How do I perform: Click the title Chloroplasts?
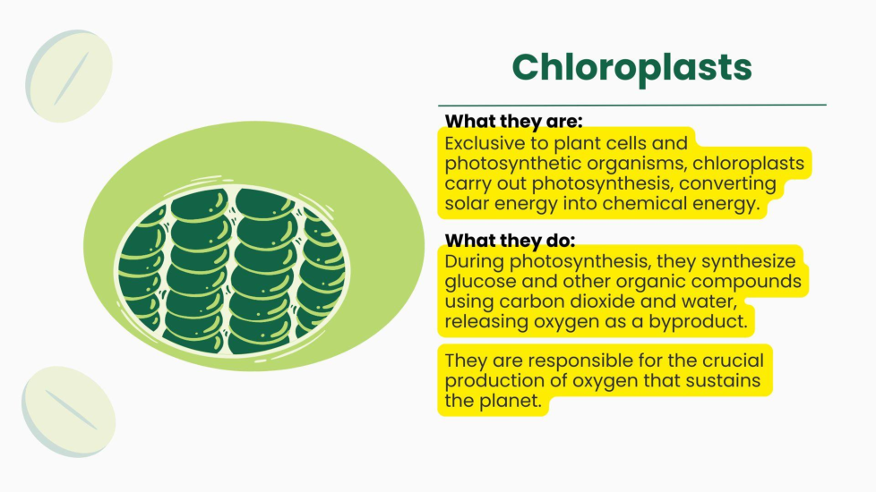(631, 67)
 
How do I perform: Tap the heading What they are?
(513, 121)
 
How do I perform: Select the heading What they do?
(510, 241)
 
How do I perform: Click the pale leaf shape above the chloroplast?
(69, 76)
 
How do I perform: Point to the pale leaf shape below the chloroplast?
(69, 411)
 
